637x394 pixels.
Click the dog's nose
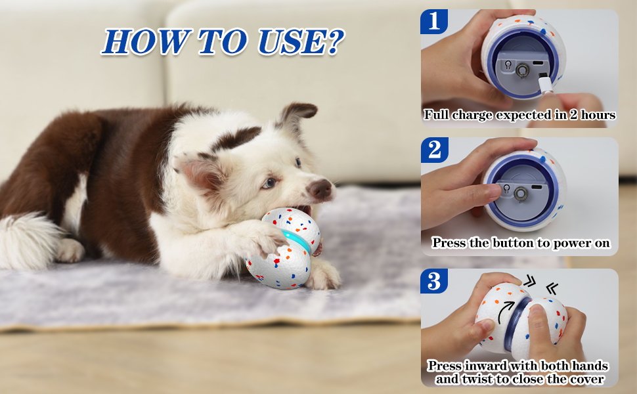(321, 189)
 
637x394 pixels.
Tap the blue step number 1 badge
(434, 21)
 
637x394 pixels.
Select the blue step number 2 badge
(434, 150)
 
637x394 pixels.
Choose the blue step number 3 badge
(434, 281)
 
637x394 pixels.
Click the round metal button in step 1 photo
(523, 69)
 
